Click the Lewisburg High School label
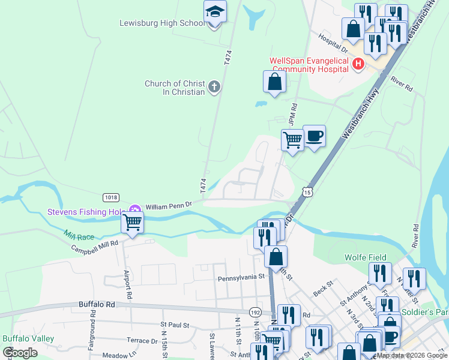point(161,23)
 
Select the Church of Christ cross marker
point(214,88)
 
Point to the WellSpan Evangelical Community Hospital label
point(309,65)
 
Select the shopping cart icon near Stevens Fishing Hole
point(132,222)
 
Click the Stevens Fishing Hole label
point(86,212)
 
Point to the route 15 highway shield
point(307,192)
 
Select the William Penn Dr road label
point(168,205)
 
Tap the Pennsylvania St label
point(241,277)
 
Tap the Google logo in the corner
point(20,352)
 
